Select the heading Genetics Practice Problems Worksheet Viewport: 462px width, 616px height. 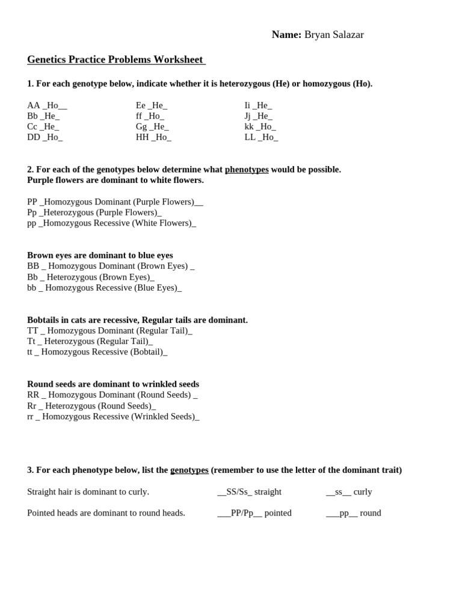click(115, 60)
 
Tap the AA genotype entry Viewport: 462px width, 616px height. click(47, 105)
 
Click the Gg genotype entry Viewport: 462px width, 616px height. click(152, 126)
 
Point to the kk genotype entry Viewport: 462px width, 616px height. click(260, 126)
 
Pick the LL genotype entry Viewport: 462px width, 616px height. click(261, 137)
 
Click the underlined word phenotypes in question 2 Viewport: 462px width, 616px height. click(247, 170)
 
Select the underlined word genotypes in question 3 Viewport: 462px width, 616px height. click(189, 470)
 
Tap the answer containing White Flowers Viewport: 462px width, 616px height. click(111, 223)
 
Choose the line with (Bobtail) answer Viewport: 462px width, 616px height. click(97, 352)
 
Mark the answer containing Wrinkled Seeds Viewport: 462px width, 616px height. click(113, 416)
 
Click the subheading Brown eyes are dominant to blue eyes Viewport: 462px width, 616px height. click(100, 255)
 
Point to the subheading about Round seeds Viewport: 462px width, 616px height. click(113, 384)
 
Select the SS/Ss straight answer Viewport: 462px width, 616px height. click(249, 491)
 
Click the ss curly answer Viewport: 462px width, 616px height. click(349, 491)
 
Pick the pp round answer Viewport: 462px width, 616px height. click(353, 513)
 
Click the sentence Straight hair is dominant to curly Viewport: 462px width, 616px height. click(88, 491)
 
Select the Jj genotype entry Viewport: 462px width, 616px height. click(258, 116)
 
